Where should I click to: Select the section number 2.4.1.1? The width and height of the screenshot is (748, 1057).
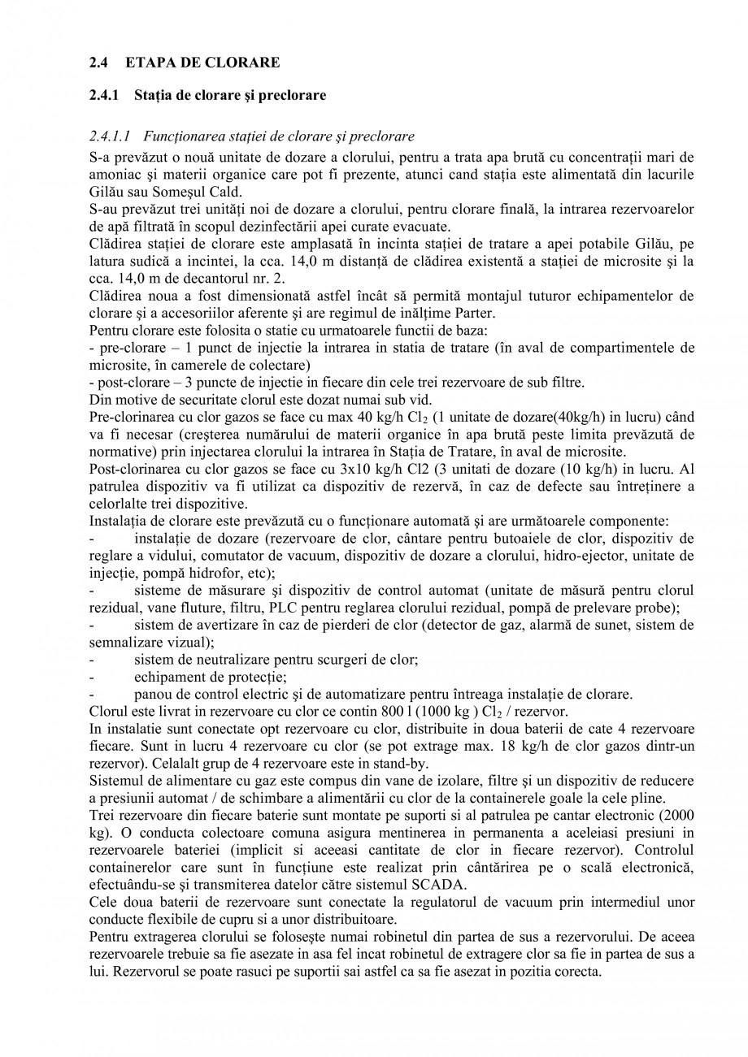click(x=112, y=136)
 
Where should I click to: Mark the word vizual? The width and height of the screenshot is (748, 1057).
click(x=190, y=642)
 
